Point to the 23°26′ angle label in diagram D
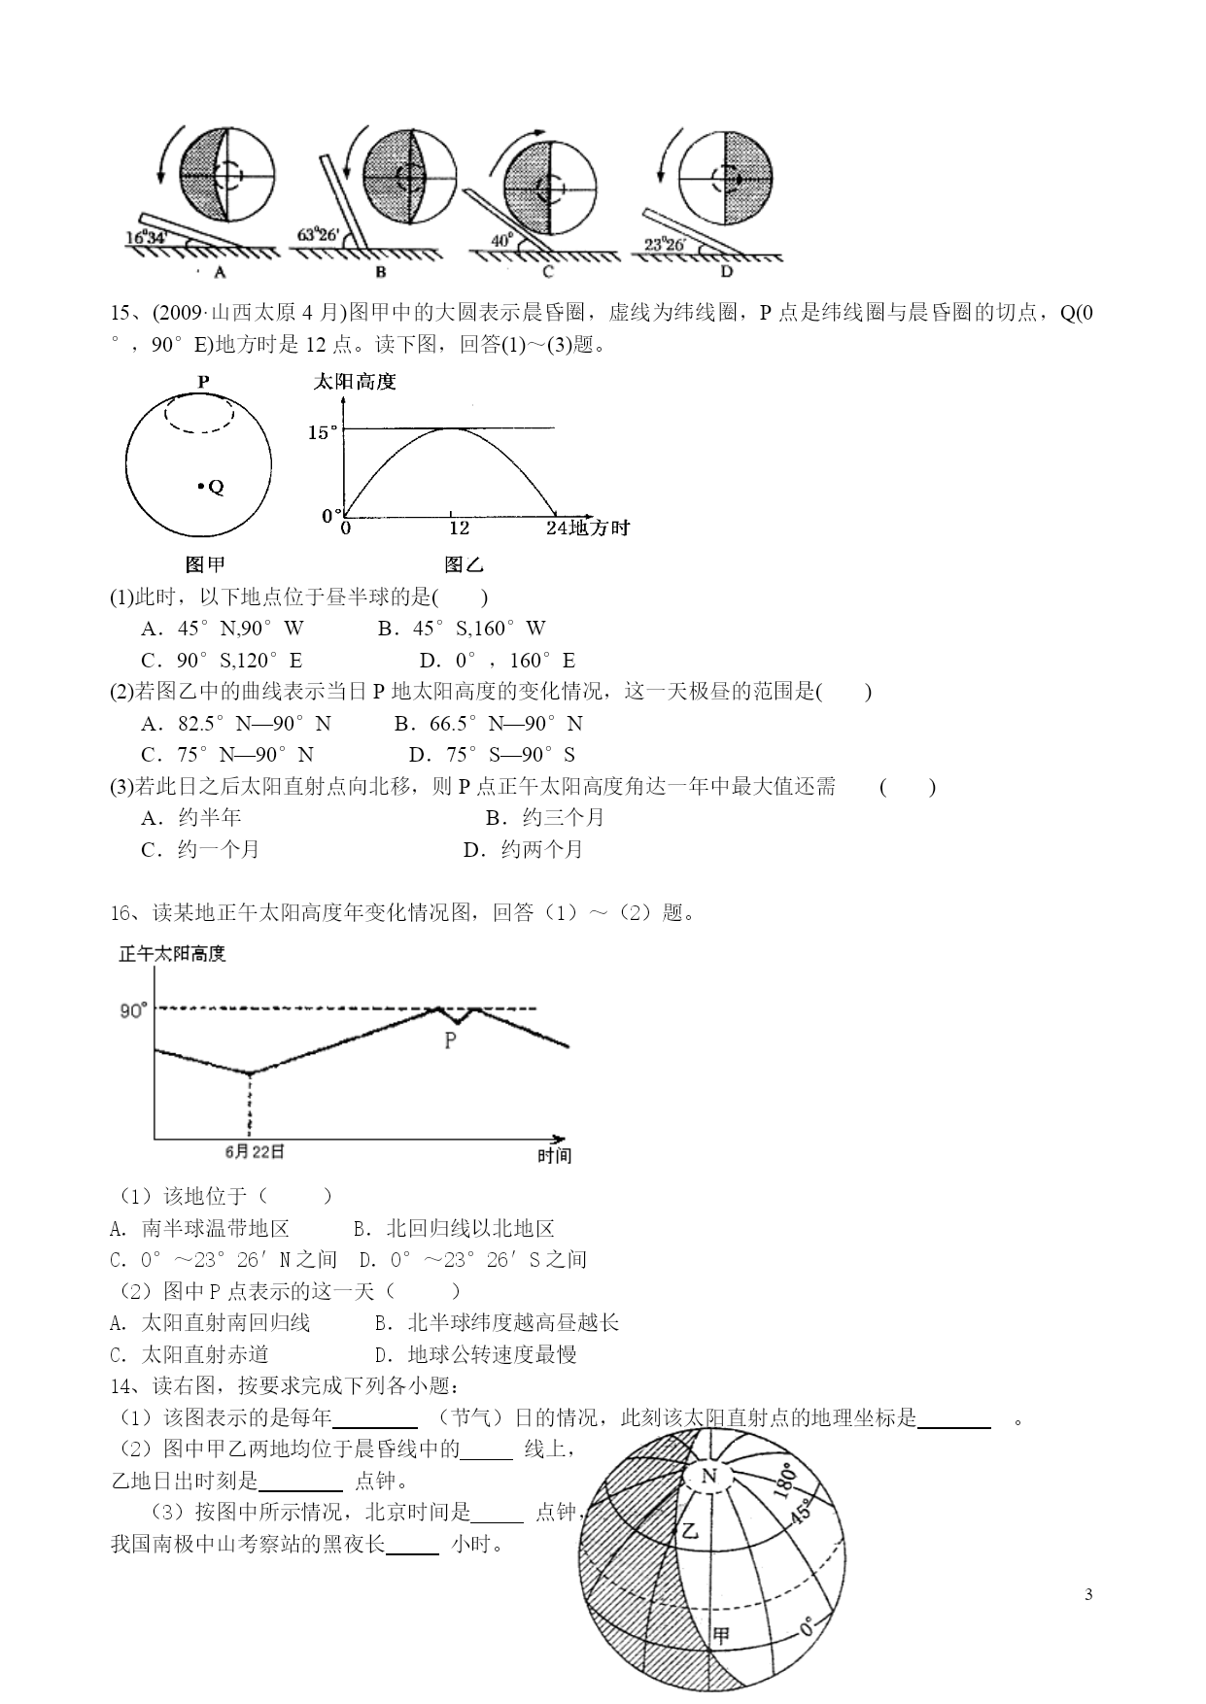pyautogui.click(x=665, y=245)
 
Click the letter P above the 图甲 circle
pyautogui.click(x=203, y=382)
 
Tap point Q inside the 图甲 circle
pyautogui.click(x=200, y=486)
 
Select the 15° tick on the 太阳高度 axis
pyautogui.click(x=324, y=432)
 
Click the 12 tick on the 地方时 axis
pyautogui.click(x=459, y=528)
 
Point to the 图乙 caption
pyautogui.click(x=464, y=564)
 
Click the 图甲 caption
pyautogui.click(x=205, y=564)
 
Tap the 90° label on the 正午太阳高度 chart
pyautogui.click(x=133, y=1010)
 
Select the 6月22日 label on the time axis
pyautogui.click(x=255, y=1151)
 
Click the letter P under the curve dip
pyautogui.click(x=450, y=1040)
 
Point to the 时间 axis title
pyautogui.click(x=554, y=1155)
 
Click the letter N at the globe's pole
pyautogui.click(x=708, y=1477)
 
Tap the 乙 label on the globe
pyautogui.click(x=690, y=1532)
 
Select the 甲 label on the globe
pyautogui.click(x=720, y=1635)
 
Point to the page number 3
pyautogui.click(x=1088, y=1594)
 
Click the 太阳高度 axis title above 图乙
pyautogui.click(x=355, y=382)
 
